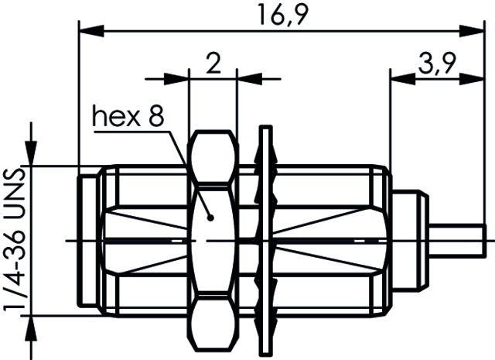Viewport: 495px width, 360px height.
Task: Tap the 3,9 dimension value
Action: (436, 63)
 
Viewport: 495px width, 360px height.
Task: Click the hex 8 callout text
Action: (128, 117)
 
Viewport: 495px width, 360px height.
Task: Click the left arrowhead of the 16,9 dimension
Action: (88, 30)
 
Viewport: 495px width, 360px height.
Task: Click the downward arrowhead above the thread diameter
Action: (32, 155)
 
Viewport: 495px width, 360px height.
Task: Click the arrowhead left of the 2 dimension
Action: (179, 77)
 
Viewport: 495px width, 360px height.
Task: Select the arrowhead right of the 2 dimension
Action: (247, 77)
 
